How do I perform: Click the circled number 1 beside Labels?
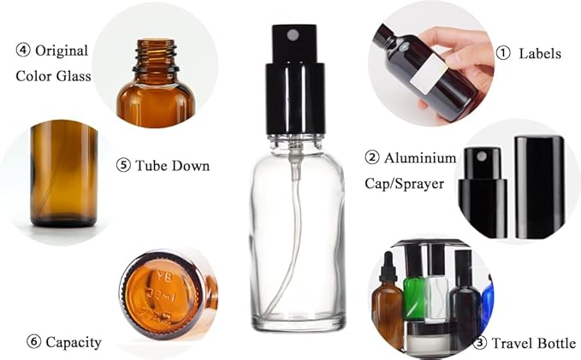coord(504,53)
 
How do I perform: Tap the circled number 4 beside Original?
coord(23,50)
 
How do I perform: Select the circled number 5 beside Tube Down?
coord(122,165)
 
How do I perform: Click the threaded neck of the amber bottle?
coord(156,56)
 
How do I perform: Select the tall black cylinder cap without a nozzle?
coord(538,186)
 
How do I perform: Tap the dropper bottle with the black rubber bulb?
coord(389,299)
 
